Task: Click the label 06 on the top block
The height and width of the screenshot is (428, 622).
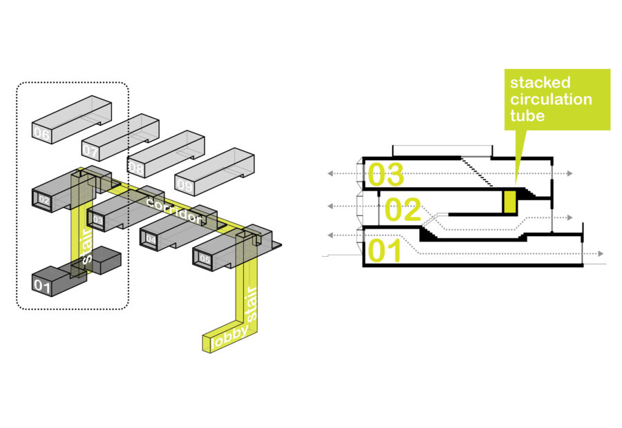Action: coord(41,133)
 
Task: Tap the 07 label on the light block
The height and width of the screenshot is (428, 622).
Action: coord(90,149)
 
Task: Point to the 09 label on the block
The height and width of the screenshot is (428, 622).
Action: coord(185,184)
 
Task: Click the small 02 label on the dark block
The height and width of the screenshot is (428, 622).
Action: coord(43,200)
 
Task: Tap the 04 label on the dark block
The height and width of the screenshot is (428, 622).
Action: coord(150,240)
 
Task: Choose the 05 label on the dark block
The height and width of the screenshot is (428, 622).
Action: coord(205,259)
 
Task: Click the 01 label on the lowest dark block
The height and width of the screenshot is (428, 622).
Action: coord(43,284)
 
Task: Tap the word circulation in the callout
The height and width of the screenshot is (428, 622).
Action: coord(551,99)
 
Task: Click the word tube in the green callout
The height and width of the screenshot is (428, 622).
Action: coord(527,115)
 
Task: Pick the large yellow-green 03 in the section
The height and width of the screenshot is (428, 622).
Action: coord(386,175)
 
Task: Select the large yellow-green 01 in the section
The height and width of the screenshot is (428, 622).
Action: coord(386,250)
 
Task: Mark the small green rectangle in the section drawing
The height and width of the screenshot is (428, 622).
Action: coord(510,202)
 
